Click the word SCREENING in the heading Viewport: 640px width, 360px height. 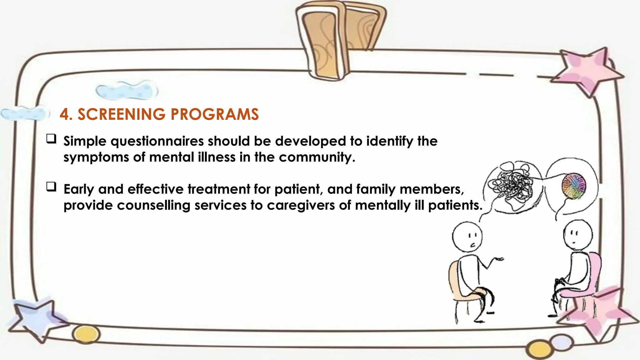121,114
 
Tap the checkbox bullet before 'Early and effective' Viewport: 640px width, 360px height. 51,187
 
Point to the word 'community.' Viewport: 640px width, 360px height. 317,157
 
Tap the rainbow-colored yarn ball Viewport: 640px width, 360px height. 574,186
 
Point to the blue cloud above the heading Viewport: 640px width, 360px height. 127,90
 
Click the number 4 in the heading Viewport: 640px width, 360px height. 64,114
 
